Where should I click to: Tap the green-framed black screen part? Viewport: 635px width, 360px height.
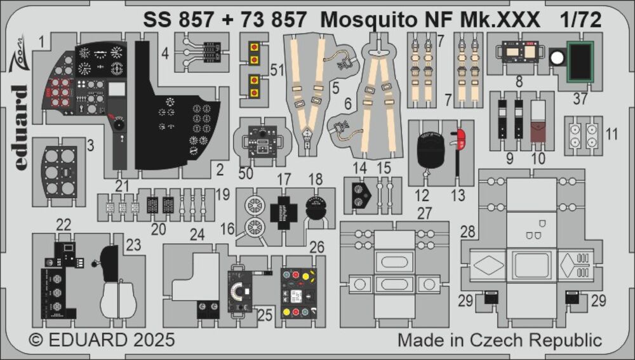click(580, 62)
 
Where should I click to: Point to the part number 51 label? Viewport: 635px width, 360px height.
click(276, 71)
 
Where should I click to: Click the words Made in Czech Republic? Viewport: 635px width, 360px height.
click(500, 340)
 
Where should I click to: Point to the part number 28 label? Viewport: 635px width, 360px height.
click(467, 234)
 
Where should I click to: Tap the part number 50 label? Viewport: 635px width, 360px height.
click(246, 172)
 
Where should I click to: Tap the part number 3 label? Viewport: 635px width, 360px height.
click(90, 145)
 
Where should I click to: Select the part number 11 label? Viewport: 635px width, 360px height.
click(612, 133)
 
